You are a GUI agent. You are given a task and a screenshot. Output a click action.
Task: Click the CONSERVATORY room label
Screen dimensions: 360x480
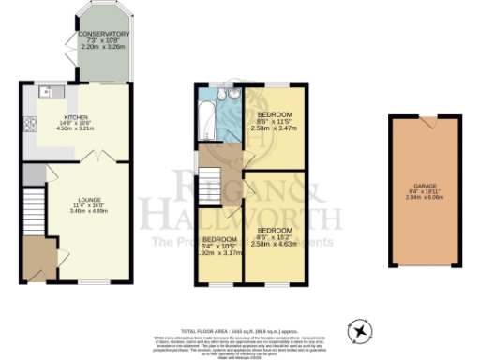tap(104, 34)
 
